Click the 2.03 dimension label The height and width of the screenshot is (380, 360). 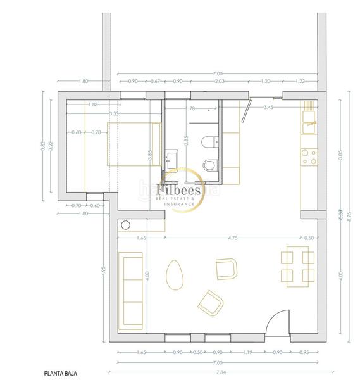pos(219,82)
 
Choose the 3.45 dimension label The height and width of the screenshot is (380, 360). pos(268,108)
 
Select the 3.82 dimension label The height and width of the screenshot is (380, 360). pos(43,144)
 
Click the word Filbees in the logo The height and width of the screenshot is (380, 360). pos(179,189)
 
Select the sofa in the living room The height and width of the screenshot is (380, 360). pos(131,288)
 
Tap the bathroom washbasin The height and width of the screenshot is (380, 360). pos(173,156)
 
